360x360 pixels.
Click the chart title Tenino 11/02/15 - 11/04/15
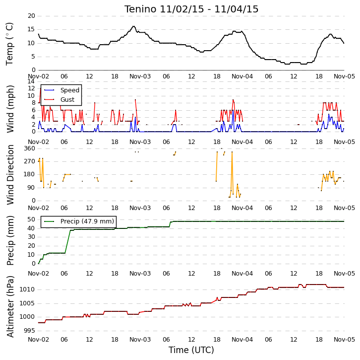191,9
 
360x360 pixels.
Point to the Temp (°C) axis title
9,44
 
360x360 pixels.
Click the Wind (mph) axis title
10,109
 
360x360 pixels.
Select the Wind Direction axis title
10,175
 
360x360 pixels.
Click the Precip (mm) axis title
10,241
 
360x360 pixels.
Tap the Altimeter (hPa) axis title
10,307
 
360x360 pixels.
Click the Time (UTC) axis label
191,350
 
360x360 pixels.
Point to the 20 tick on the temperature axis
31,16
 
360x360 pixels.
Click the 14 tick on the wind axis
31,81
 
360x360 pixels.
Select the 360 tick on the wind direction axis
30,148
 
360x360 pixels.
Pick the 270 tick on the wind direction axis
30,161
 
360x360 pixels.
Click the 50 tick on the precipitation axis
31,219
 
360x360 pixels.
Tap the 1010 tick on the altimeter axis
27,289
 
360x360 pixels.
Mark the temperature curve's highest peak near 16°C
133,26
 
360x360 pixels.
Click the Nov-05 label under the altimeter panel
344,339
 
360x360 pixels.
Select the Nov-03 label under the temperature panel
140,76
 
